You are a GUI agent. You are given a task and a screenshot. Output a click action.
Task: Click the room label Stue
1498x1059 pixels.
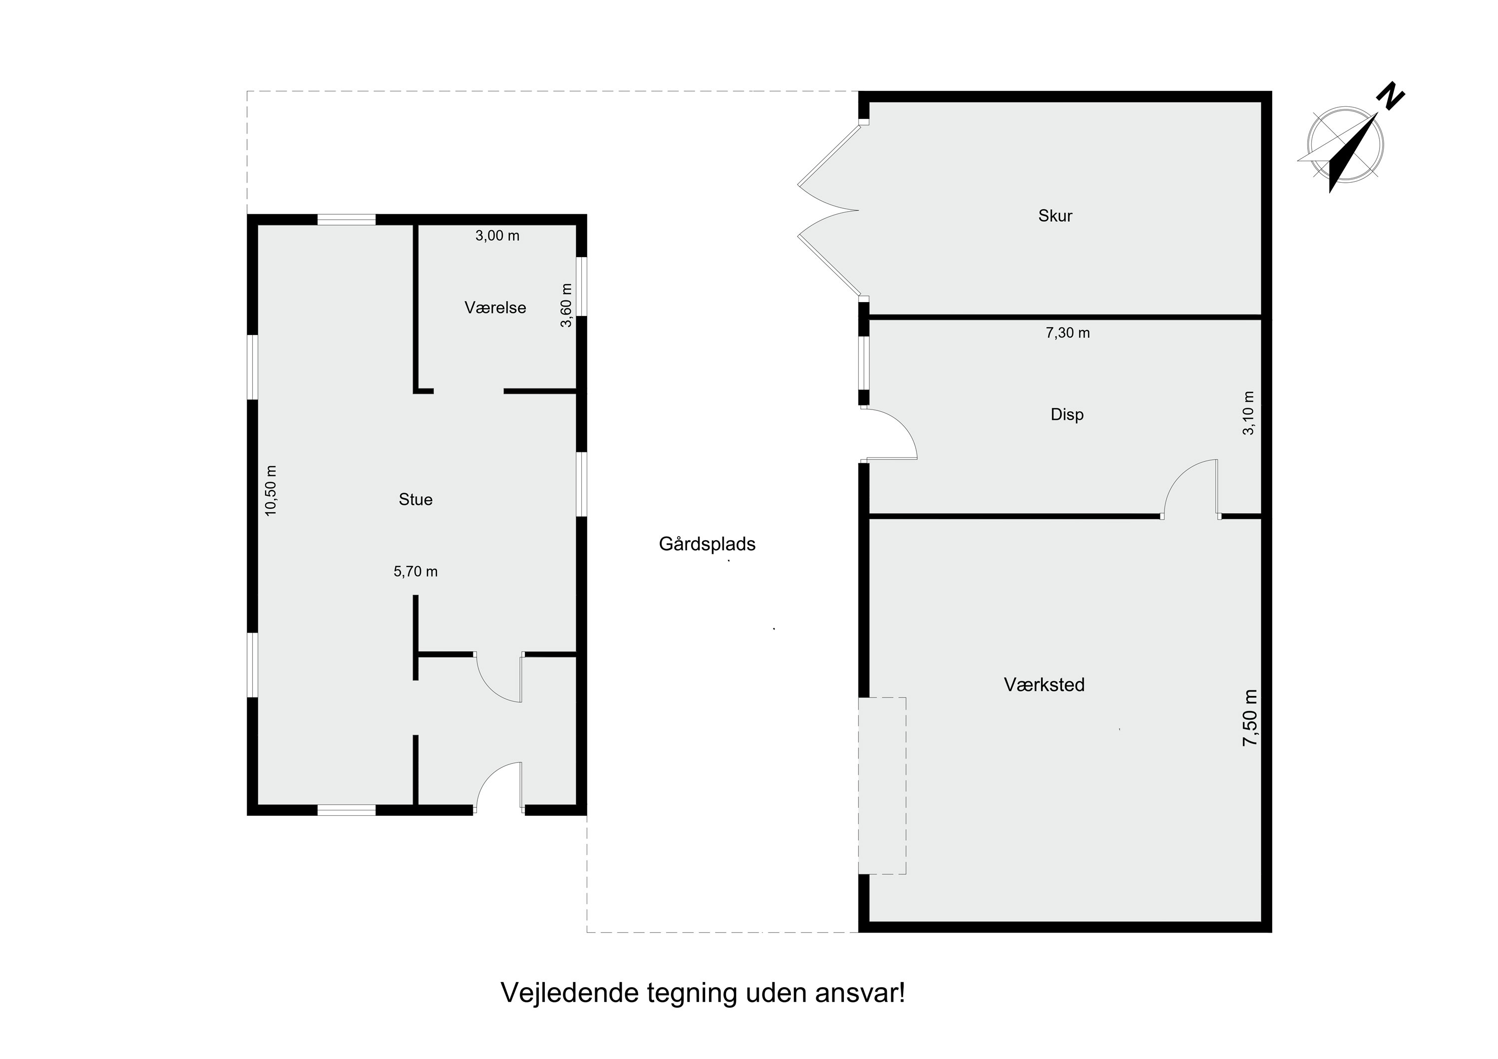coord(415,500)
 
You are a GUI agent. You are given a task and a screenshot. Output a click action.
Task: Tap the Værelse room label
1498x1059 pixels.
coord(495,308)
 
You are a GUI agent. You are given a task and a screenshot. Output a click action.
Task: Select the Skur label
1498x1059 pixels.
coord(1055,216)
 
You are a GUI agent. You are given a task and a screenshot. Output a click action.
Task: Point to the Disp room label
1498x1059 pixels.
coord(1067,414)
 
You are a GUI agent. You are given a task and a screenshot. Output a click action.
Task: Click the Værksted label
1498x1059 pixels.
coord(1044,685)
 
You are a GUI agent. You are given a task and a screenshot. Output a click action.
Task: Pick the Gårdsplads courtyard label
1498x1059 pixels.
coord(707,544)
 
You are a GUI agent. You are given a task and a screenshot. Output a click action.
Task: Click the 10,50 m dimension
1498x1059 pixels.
coord(272,491)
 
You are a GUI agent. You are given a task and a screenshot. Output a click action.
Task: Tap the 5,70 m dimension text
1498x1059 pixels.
coord(415,572)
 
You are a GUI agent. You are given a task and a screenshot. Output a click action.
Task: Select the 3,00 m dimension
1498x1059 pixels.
coord(497,236)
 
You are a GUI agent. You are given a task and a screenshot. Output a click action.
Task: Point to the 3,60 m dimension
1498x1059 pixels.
coord(566,306)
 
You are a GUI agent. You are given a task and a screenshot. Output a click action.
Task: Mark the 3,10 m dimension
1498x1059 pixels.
coord(1249,413)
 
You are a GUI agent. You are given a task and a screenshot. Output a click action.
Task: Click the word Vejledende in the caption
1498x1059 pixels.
coord(569,994)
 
